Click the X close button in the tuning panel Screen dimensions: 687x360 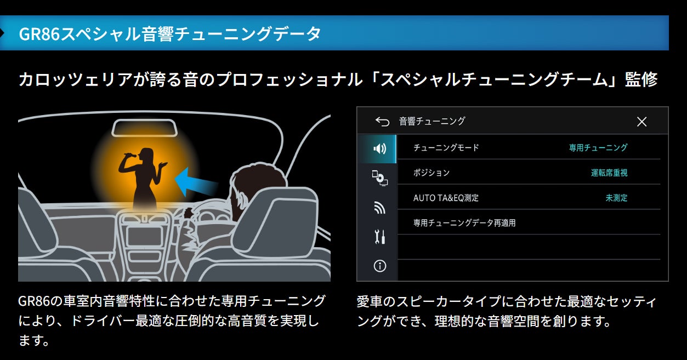click(641, 122)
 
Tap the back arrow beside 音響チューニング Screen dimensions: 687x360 click(382, 122)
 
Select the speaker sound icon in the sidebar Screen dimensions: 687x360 click(379, 148)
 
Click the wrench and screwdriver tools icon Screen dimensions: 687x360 click(379, 237)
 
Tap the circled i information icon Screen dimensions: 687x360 click(379, 266)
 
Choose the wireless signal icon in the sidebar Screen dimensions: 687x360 click(379, 208)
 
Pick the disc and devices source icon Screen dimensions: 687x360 click(379, 178)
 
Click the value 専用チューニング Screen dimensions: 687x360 click(598, 147)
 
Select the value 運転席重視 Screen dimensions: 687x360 click(609, 173)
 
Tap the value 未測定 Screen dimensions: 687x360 click(616, 198)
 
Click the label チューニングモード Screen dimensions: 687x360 click(446, 147)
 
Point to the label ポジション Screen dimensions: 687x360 click(431, 173)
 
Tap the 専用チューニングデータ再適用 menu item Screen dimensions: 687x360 click(464, 223)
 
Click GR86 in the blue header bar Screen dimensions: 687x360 click(39, 33)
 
